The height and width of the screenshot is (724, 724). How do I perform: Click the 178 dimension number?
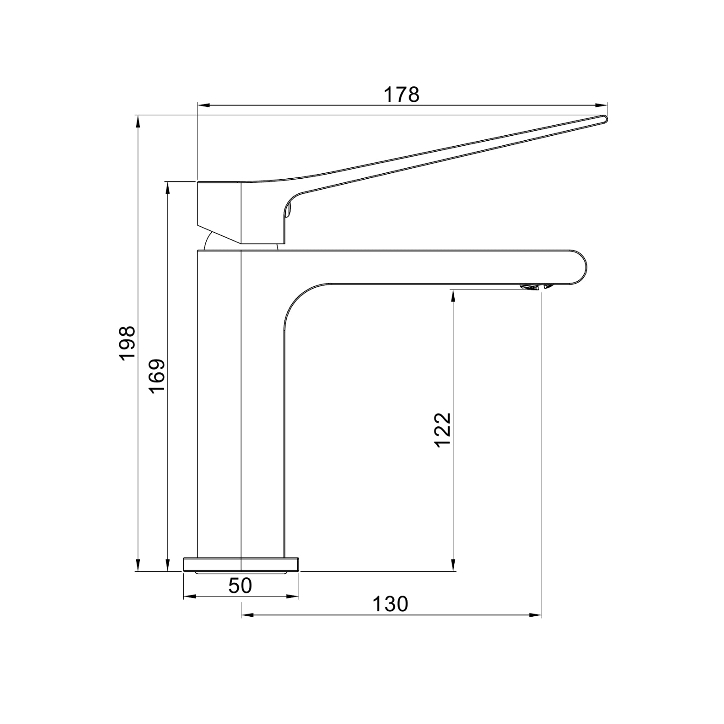(401, 95)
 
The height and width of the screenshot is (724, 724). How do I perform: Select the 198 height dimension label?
(128, 343)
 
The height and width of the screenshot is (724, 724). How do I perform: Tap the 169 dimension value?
(157, 376)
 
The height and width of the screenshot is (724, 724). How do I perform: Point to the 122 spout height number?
(443, 429)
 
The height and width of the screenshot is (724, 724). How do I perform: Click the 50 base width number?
(240, 586)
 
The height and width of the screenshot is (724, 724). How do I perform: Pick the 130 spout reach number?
(390, 604)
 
